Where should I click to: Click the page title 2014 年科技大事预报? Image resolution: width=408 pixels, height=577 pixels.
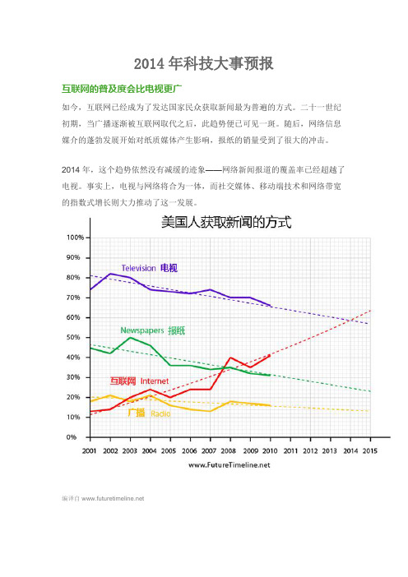click(204, 63)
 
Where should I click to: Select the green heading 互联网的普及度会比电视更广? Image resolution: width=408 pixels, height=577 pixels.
click(122, 89)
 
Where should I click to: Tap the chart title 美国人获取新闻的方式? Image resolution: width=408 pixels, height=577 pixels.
click(226, 222)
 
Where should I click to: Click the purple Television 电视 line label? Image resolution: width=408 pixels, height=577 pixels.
click(150, 268)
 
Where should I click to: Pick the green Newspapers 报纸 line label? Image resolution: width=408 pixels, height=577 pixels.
click(153, 330)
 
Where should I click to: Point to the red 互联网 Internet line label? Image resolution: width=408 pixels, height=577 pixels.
click(139, 381)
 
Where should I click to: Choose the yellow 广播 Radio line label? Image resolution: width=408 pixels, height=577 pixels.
click(149, 413)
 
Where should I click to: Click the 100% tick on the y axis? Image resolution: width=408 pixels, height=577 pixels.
click(75, 238)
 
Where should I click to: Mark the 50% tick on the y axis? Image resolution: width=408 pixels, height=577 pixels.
click(73, 338)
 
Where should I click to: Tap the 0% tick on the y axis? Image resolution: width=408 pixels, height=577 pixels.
click(72, 437)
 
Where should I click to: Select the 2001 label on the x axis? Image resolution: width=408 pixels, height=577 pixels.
click(89, 450)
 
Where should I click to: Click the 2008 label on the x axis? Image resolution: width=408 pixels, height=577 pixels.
click(229, 450)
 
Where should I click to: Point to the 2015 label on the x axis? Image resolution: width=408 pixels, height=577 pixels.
click(369, 450)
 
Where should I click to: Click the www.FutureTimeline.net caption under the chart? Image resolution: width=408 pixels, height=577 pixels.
click(229, 465)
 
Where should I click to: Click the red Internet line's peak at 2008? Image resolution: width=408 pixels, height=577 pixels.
click(230, 358)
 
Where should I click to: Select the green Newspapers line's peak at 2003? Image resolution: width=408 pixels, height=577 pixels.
click(130, 338)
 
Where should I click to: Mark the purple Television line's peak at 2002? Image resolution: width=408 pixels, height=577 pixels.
click(110, 274)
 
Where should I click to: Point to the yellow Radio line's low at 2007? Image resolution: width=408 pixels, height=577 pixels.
click(211, 411)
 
